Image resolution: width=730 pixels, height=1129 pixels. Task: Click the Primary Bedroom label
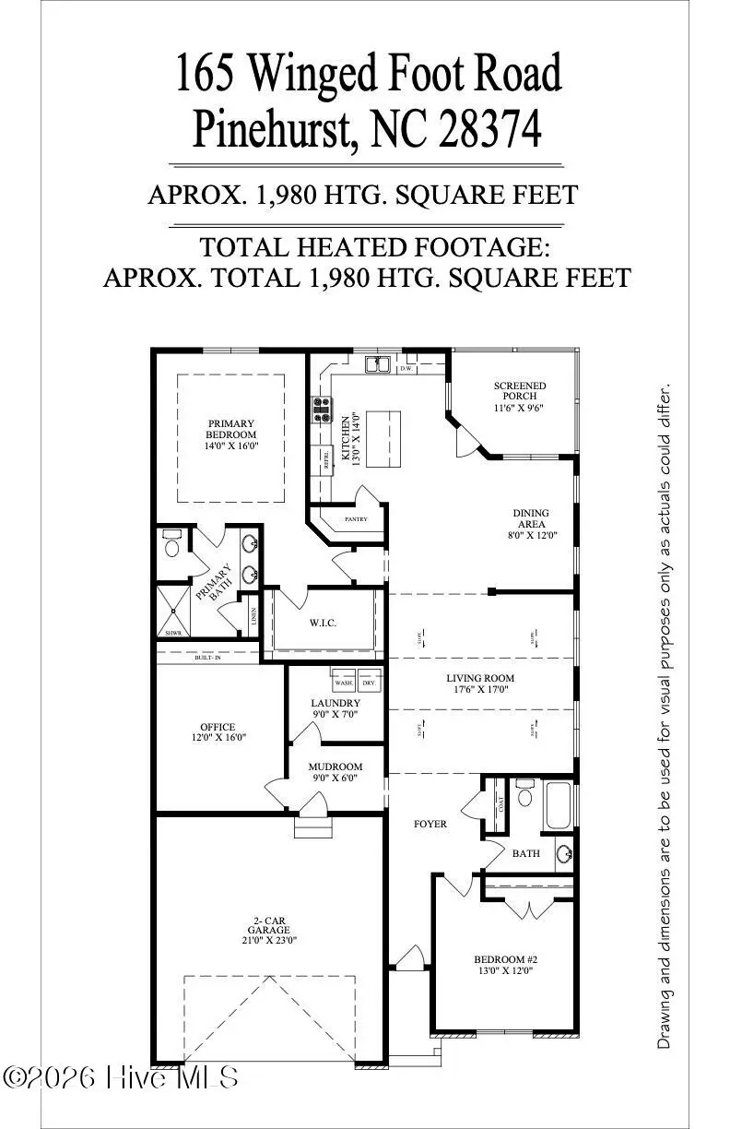coord(231,429)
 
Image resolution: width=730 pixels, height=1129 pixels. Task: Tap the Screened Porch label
coord(520,391)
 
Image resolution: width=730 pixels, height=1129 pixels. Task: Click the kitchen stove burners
coord(323,409)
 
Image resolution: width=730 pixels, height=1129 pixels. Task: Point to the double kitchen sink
coord(376,365)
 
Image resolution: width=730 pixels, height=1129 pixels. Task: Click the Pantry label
coord(356,519)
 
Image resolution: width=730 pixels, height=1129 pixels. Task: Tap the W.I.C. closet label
coord(323,624)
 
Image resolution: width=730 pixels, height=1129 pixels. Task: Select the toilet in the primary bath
coord(171,546)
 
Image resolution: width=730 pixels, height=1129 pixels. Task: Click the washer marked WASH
coord(344,683)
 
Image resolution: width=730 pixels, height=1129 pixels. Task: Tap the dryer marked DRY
coord(369,683)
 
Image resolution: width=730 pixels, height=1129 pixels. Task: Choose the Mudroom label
coord(335,767)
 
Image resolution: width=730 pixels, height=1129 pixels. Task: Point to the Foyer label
coord(429,824)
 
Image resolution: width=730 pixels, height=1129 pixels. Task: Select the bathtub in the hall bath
coord(559,806)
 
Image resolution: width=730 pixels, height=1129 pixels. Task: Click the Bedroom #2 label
coord(498,959)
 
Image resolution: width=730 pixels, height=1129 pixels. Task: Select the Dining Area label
coord(531,514)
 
